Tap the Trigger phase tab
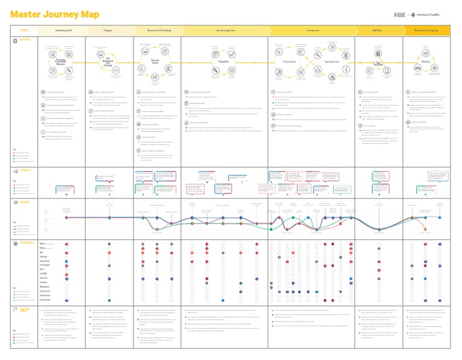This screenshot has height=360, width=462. (x=108, y=30)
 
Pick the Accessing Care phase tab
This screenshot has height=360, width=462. (x=226, y=30)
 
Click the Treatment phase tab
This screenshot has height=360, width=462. (x=312, y=30)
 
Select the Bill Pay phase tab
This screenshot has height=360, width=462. (x=378, y=30)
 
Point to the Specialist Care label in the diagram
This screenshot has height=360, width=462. (x=333, y=61)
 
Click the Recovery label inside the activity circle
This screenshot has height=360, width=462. (x=426, y=61)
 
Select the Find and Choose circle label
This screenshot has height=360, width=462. (x=155, y=61)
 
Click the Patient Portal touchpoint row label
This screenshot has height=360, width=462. (x=45, y=261)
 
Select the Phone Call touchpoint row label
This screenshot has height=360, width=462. (x=45, y=278)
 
